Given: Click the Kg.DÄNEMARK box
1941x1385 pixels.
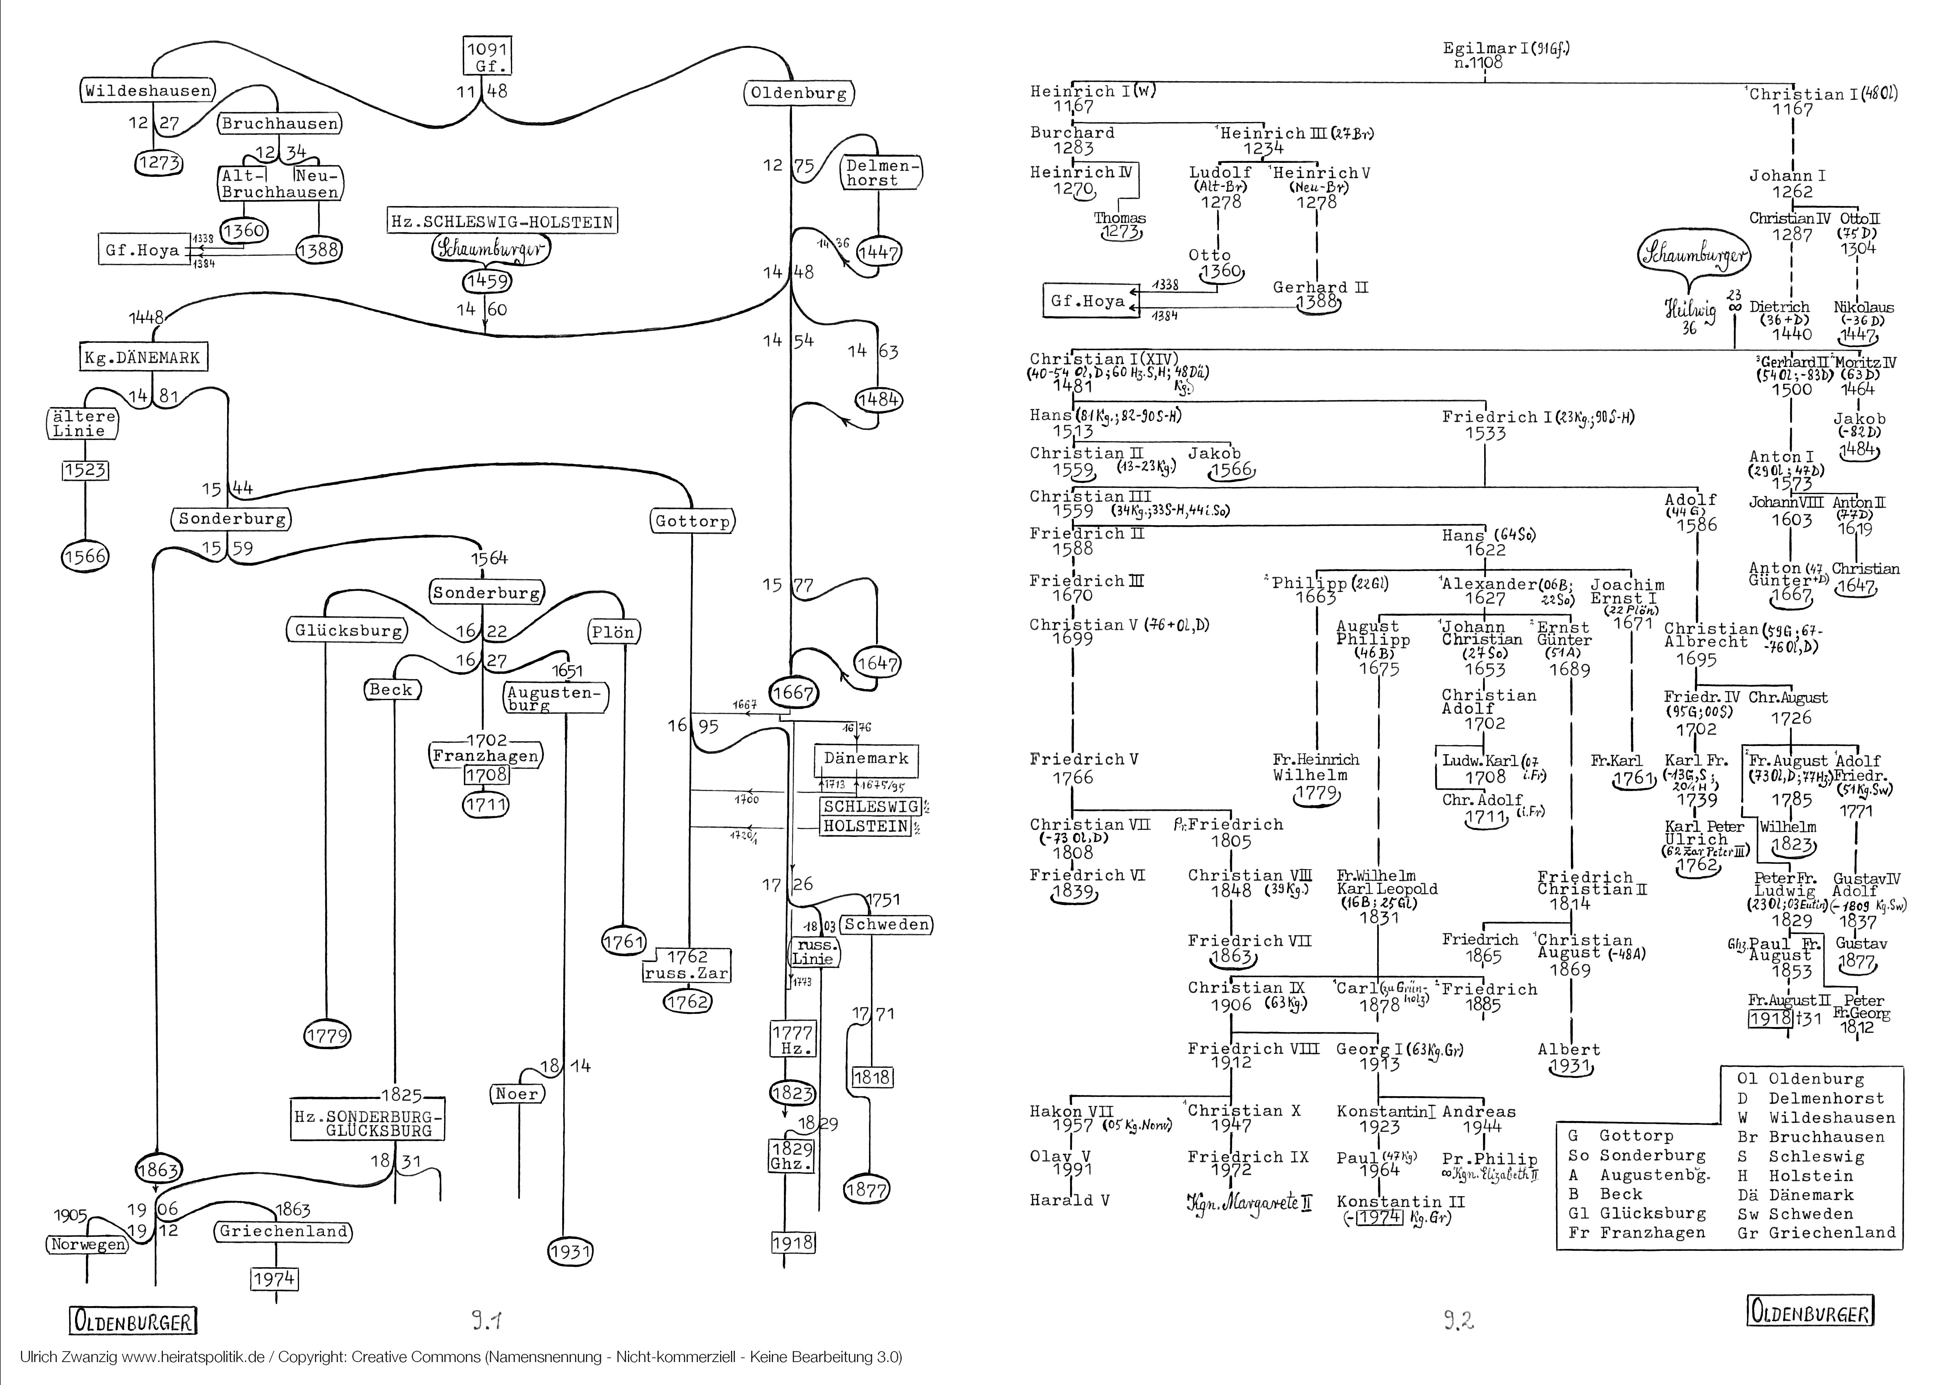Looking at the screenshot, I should click(x=142, y=357).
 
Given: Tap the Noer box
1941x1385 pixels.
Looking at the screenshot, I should click(x=518, y=1093).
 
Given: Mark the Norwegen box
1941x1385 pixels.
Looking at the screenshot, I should click(x=87, y=1244).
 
